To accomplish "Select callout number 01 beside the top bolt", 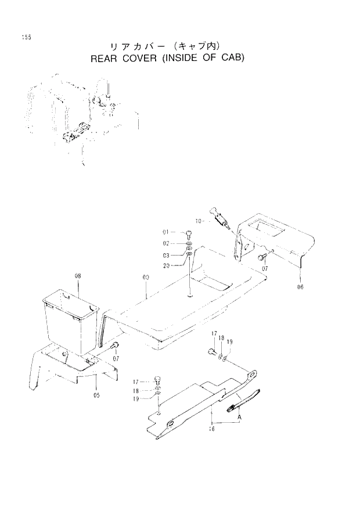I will pyautogui.click(x=165, y=232).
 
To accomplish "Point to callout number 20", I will pyautogui.click(x=165, y=265).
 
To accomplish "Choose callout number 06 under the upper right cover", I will pyautogui.click(x=300, y=286).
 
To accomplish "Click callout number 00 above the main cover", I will pyautogui.click(x=146, y=278).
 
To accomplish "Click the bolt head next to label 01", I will pyautogui.click(x=189, y=233).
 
